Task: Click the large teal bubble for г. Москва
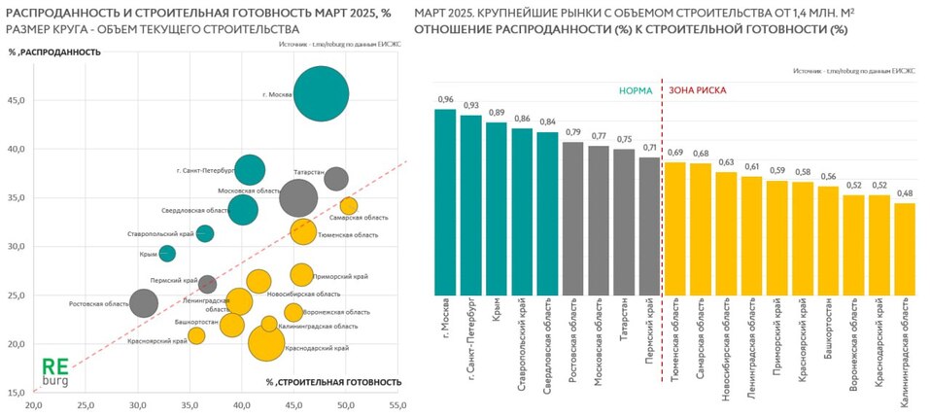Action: point(321,93)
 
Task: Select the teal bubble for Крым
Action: point(167,254)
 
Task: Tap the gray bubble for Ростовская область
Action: point(144,303)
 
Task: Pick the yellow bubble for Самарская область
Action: point(349,205)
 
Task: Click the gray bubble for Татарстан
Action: point(336,179)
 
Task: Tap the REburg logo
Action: point(54,372)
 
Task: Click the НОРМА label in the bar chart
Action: point(637,90)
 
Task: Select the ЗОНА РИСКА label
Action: point(697,90)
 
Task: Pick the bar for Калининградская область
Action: point(905,248)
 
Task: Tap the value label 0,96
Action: point(445,100)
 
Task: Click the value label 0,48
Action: point(905,193)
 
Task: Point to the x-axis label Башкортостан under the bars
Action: point(828,330)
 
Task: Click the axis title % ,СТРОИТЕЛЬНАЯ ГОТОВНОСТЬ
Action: point(333,382)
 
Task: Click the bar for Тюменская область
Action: point(674,228)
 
